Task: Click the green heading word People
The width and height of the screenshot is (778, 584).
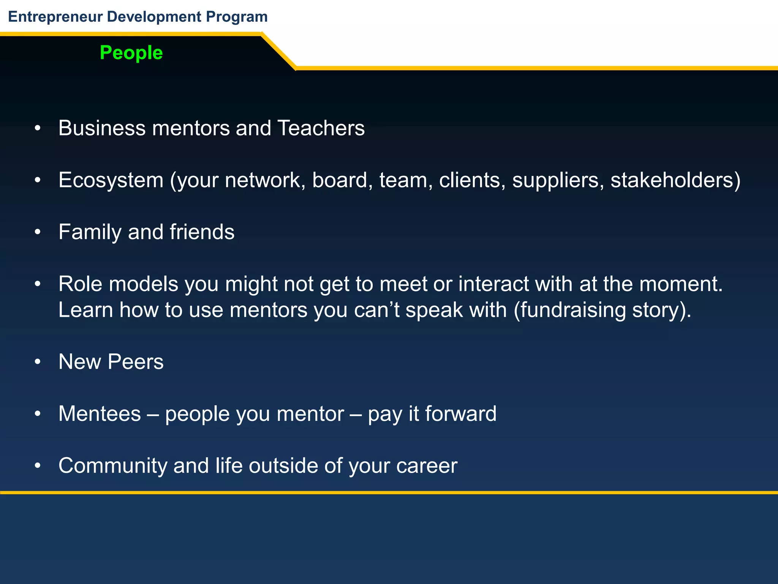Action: click(x=131, y=53)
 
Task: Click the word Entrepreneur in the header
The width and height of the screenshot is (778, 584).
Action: click(x=55, y=17)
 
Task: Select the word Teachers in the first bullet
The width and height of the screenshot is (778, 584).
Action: click(x=321, y=128)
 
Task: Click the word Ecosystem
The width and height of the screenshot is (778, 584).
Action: click(x=111, y=180)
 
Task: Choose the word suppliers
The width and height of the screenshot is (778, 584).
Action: click(x=558, y=180)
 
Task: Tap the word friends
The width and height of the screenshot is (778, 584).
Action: click(x=202, y=232)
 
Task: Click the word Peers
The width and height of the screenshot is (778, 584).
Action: click(x=135, y=362)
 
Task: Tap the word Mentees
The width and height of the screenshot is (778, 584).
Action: click(x=100, y=414)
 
